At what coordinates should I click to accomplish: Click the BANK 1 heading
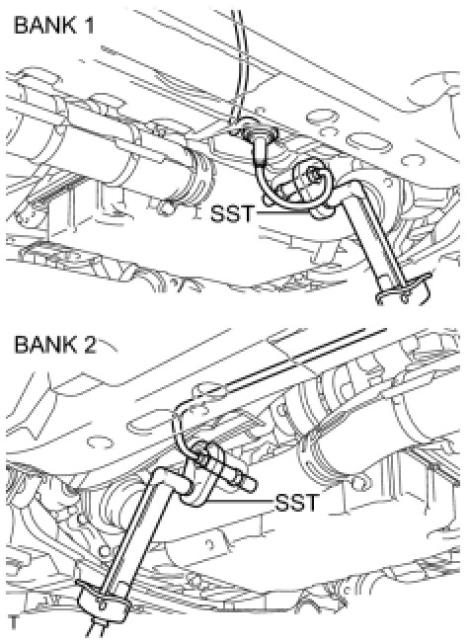pos(53,26)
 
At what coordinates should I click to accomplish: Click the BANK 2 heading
pos(55,344)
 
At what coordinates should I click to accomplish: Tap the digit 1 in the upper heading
pos(88,26)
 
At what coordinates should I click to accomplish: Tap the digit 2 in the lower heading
pos(89,344)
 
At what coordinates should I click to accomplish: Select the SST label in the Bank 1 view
pos(232,213)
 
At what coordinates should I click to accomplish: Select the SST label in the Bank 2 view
pos(297,503)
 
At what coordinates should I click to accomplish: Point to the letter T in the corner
pos(14,622)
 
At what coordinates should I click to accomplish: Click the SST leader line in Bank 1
pos(283,212)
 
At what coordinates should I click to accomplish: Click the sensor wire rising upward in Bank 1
pos(240,61)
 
